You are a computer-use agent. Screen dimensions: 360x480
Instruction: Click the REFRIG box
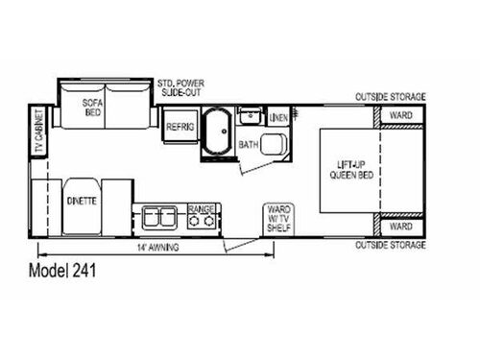tap(180, 127)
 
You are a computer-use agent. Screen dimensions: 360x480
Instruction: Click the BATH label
tap(249, 144)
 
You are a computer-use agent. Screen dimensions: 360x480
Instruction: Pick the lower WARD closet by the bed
tap(399, 227)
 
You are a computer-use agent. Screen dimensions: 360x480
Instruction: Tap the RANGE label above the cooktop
tap(202, 207)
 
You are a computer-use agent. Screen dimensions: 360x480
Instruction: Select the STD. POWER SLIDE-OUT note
tap(184, 89)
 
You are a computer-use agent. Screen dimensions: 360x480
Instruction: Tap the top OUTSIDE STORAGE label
tap(390, 97)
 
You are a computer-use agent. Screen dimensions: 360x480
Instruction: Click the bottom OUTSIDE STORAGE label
tap(390, 246)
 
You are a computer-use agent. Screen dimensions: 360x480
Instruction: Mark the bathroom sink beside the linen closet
tap(251, 117)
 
